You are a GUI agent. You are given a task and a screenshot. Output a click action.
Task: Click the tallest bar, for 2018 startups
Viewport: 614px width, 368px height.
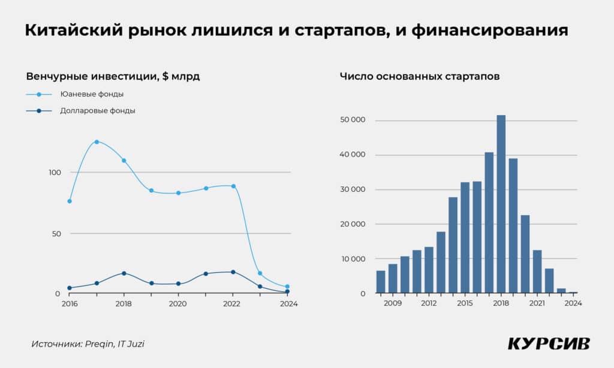(501, 204)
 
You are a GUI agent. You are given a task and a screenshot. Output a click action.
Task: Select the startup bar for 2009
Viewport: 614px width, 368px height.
(393, 278)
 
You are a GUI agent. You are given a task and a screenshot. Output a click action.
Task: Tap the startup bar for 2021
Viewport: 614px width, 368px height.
(537, 272)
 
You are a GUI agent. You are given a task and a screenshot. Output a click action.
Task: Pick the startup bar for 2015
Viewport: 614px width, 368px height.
(465, 237)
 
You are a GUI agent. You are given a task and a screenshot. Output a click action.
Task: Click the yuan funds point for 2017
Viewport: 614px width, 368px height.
(97, 141)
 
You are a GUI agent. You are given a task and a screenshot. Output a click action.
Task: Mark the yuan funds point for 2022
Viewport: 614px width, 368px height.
(233, 186)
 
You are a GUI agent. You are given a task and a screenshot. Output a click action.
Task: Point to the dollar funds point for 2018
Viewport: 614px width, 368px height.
(124, 273)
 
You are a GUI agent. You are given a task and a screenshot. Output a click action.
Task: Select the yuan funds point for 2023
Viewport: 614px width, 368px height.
(260, 273)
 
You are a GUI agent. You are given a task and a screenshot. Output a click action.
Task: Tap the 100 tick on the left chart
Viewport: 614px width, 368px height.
(55, 173)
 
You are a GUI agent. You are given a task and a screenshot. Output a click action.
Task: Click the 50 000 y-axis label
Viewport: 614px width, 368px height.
(353, 120)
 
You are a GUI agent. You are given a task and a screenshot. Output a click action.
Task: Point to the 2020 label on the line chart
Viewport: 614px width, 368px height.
(177, 304)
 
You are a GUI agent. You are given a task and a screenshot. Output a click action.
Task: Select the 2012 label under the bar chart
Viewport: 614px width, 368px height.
(429, 303)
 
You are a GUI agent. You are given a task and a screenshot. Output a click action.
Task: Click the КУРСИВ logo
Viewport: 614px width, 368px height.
(549, 344)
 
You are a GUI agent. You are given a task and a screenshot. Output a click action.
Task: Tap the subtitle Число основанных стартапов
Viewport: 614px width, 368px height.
(419, 76)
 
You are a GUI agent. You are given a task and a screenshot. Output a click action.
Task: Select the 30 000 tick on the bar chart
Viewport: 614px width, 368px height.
(353, 189)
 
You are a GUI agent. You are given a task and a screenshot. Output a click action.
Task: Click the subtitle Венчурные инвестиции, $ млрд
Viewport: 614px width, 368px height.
(113, 76)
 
